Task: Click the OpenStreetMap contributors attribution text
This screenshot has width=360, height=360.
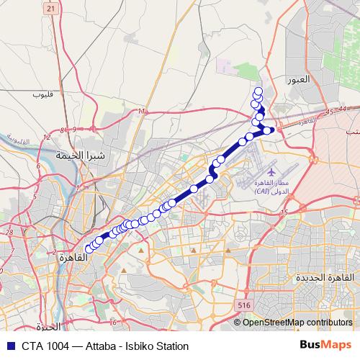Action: pyautogui.click(x=297, y=322)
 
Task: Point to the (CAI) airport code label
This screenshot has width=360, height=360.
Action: pyautogui.click(x=263, y=192)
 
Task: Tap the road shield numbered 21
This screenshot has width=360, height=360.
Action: pyautogui.click(x=50, y=9)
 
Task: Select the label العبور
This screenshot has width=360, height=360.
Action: pyautogui.click(x=297, y=79)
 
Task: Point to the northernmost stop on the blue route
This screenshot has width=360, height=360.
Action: pyautogui.click(x=258, y=91)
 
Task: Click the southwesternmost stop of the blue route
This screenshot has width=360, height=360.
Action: pyautogui.click(x=89, y=249)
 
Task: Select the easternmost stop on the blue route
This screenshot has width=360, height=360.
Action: pyautogui.click(x=268, y=130)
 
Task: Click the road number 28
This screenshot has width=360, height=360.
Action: pyautogui.click(x=9, y=233)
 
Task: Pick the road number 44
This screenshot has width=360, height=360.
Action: pyautogui.click(x=341, y=109)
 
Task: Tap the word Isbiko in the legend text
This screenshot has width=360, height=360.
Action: pyautogui.click(x=143, y=346)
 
